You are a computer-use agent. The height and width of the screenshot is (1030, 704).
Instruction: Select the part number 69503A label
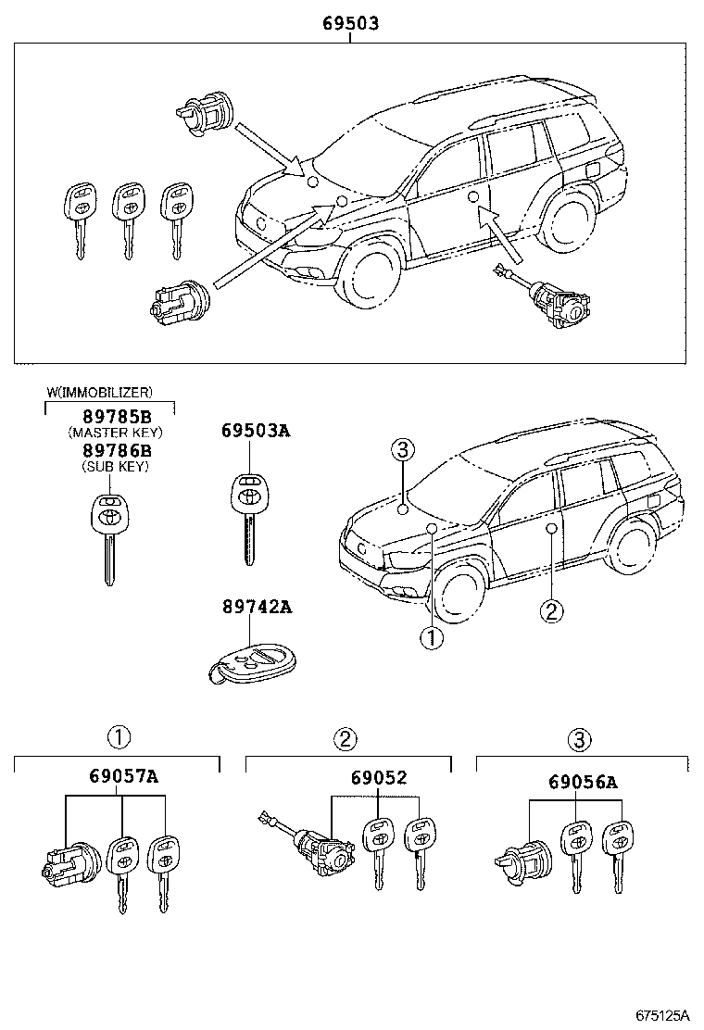256,431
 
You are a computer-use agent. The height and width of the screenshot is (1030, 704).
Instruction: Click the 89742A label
256,607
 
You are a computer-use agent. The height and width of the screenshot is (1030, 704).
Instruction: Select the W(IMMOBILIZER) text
100,393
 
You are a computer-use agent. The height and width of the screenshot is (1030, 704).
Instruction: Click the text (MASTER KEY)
115,433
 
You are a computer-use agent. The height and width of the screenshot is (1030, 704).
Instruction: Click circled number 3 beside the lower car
401,451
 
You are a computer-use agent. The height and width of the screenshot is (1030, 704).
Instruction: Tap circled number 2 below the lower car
550,610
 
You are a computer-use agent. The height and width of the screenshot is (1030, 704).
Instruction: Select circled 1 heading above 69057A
117,737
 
